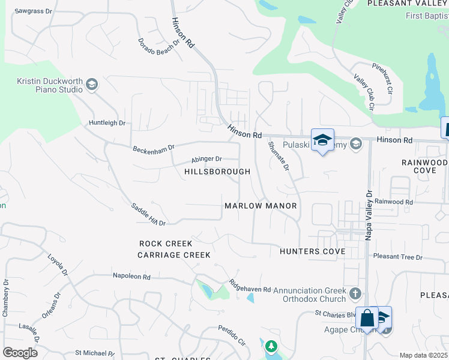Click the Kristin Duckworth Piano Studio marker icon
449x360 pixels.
92,85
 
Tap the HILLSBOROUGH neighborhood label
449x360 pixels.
217,172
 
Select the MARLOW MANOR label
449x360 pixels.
261,206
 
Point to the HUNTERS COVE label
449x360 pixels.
312,251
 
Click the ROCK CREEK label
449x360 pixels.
166,244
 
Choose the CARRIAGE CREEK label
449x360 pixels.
174,255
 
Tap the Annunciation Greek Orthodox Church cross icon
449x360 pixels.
355,294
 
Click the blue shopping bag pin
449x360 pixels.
366,318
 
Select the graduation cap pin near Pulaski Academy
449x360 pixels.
323,140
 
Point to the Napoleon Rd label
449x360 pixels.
131,277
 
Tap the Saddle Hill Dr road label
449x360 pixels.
148,214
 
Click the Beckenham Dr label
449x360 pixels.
154,147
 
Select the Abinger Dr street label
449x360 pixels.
206,159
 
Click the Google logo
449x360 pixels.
19,352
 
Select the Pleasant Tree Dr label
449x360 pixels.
397,257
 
